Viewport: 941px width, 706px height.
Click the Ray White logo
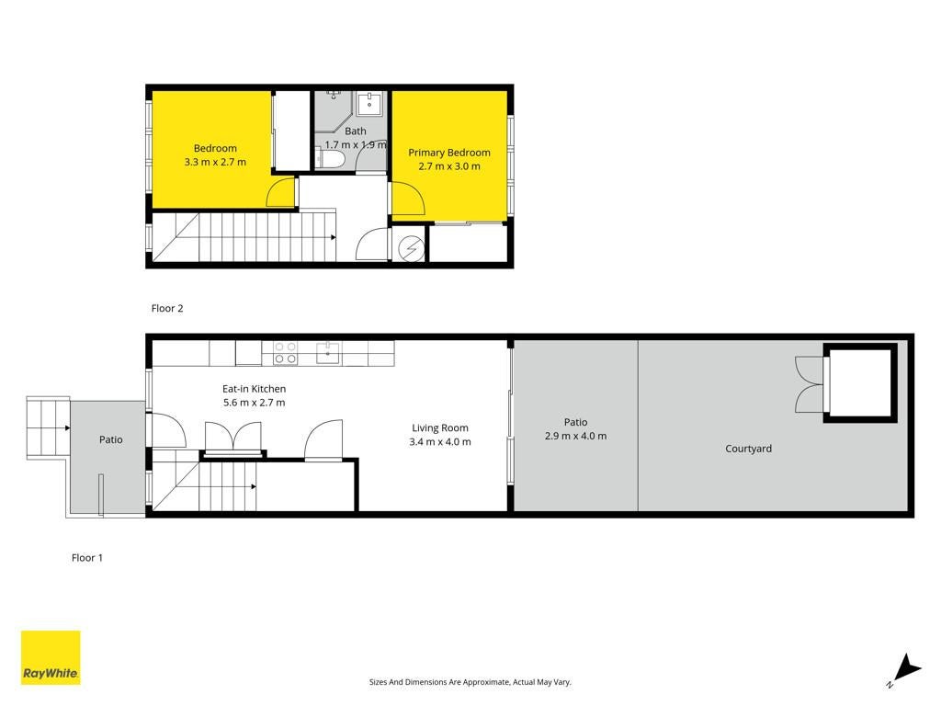[51, 657]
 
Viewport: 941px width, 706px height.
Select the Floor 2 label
[167, 308]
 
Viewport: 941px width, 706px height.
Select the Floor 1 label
[87, 558]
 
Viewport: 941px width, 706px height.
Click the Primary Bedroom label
[448, 153]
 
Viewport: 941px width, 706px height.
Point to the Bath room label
[356, 131]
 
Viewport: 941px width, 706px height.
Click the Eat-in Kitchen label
[254, 389]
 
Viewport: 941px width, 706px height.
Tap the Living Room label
[440, 428]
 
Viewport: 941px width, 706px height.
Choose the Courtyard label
[748, 449]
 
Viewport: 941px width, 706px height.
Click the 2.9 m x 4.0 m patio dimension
[575, 436]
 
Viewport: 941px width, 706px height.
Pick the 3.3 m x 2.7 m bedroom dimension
[215, 162]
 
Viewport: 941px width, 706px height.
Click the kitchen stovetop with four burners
[285, 353]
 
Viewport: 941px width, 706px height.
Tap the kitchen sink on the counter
[328, 353]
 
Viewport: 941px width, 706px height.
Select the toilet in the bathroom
[330, 160]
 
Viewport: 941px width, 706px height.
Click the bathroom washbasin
[369, 104]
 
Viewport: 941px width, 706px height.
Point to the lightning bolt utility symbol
[412, 248]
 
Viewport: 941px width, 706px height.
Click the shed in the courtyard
[860, 383]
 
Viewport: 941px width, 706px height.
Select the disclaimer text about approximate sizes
[470, 682]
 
